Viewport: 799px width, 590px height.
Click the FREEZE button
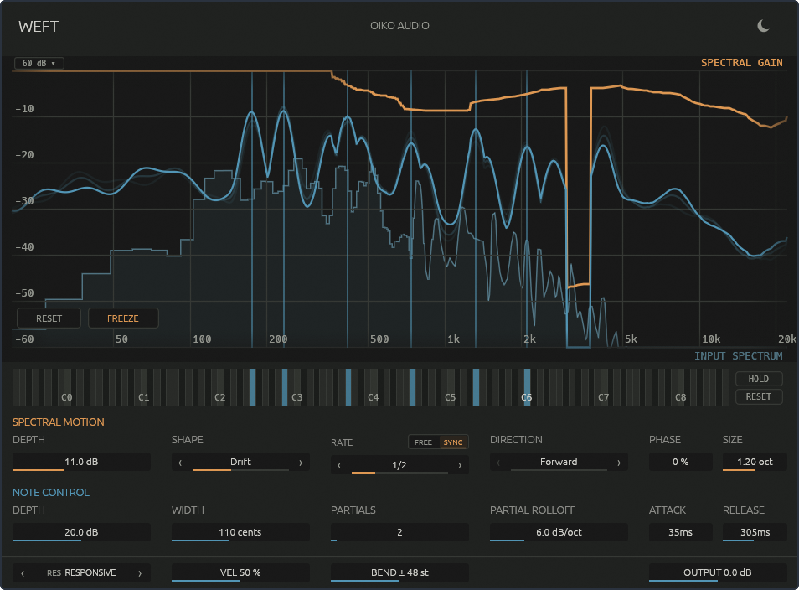(123, 318)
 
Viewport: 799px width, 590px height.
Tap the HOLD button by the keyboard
(759, 379)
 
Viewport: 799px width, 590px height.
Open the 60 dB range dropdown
(39, 63)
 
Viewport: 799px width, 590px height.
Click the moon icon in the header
(763, 25)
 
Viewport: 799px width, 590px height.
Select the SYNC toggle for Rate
(453, 442)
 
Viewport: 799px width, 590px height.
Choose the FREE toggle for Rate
(423, 442)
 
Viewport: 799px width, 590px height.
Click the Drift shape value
(240, 462)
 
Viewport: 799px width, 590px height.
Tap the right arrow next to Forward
(619, 463)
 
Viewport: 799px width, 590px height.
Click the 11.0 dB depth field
(81, 462)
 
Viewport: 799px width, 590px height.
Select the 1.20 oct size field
(755, 462)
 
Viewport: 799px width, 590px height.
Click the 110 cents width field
(240, 532)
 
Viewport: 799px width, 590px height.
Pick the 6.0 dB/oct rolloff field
(559, 532)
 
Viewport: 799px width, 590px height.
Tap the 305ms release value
(755, 532)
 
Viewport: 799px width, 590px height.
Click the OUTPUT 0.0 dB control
(718, 572)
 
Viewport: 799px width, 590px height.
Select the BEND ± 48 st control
(399, 572)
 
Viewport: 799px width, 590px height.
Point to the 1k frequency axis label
(453, 339)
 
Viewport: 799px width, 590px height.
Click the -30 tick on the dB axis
(24, 201)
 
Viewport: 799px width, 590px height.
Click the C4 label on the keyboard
(373, 397)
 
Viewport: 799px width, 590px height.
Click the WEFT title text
(39, 27)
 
